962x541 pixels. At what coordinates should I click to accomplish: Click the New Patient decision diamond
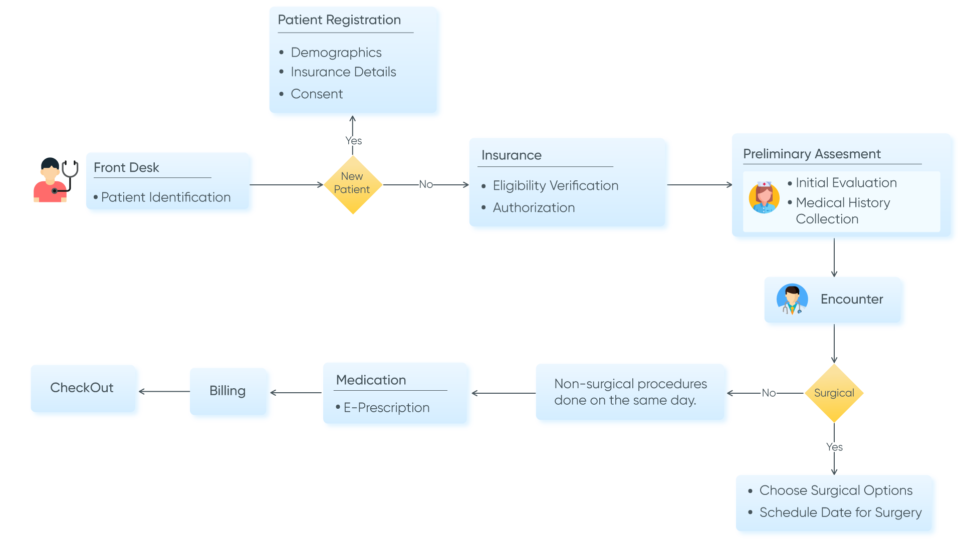click(353, 184)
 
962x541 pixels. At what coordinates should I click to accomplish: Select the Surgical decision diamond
click(834, 393)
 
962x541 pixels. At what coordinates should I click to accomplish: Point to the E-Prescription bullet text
click(386, 407)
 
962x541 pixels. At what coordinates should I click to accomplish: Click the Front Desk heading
click(126, 167)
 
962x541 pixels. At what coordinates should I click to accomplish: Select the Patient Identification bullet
click(165, 197)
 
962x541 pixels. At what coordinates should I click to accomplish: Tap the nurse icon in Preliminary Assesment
click(764, 197)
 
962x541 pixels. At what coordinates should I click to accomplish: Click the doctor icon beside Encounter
click(792, 299)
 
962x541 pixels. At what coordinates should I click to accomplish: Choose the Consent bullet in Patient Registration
click(317, 94)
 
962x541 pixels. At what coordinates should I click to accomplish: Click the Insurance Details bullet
click(343, 72)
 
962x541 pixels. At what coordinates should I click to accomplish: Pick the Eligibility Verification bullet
click(555, 185)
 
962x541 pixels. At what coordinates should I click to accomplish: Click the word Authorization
click(534, 207)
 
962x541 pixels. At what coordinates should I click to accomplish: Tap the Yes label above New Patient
click(353, 141)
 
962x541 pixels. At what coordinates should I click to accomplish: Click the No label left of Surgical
click(768, 393)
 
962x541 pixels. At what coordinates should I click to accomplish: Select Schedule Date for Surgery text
click(840, 512)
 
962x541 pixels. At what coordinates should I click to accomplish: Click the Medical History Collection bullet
click(842, 210)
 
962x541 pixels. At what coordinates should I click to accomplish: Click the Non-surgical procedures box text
click(630, 392)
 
